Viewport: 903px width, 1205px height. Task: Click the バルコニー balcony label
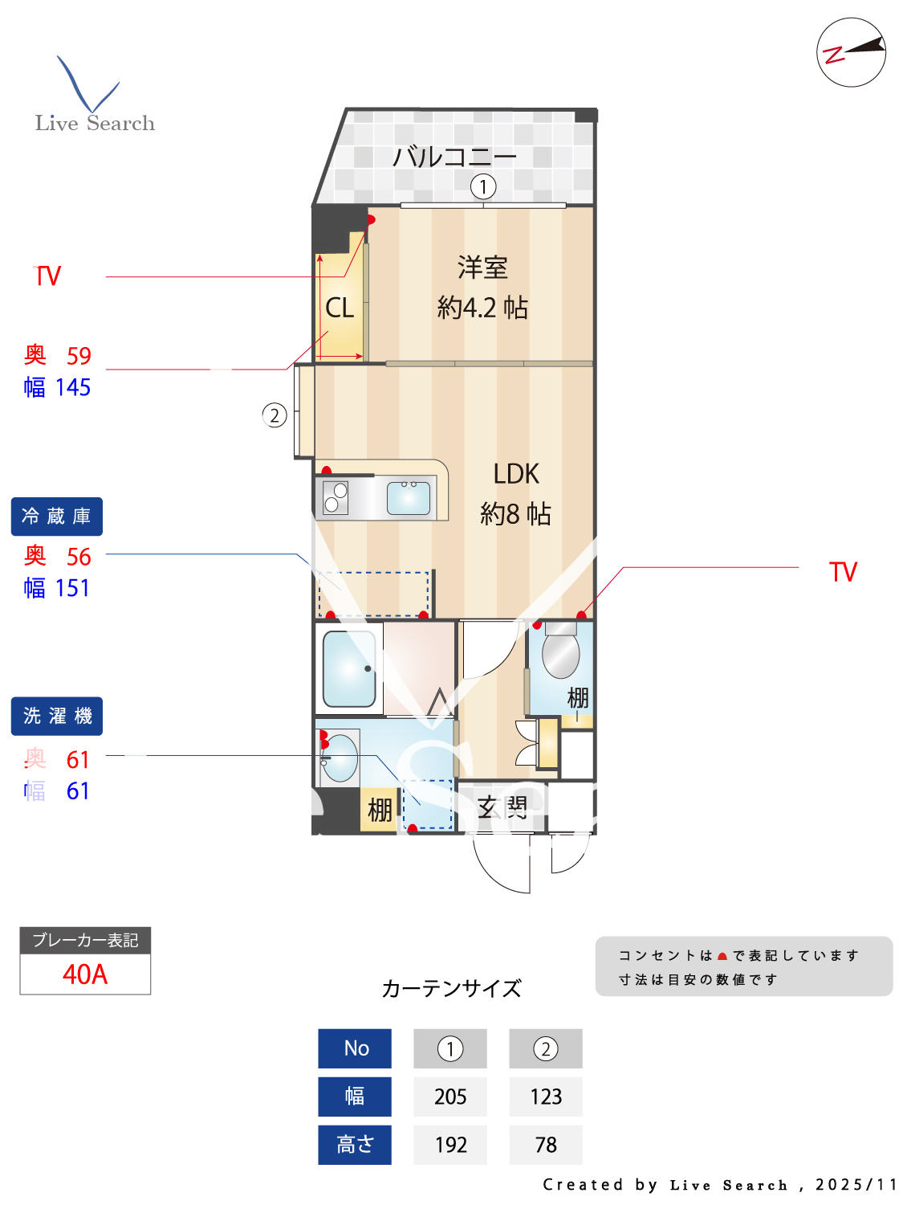pyautogui.click(x=454, y=156)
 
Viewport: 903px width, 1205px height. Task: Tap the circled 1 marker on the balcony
pyautogui.click(x=482, y=186)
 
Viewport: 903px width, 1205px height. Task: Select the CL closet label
pyautogui.click(x=340, y=308)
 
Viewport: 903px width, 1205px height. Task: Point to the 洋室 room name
pyautogui.click(x=482, y=268)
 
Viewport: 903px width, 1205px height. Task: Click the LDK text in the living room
pyautogui.click(x=516, y=474)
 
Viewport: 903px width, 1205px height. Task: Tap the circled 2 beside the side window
pyautogui.click(x=275, y=415)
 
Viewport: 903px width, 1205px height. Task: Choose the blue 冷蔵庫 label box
pyautogui.click(x=56, y=517)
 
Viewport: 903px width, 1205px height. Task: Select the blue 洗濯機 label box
pyautogui.click(x=56, y=716)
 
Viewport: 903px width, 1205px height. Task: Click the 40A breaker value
pyautogui.click(x=85, y=974)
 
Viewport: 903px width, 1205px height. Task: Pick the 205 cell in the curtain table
pyautogui.click(x=450, y=1097)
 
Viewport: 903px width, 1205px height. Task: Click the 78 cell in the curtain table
pyautogui.click(x=546, y=1145)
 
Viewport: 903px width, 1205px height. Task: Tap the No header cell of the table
pyautogui.click(x=355, y=1048)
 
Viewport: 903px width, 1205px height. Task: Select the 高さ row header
pyautogui.click(x=355, y=1145)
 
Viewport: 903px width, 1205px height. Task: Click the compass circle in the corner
pyautogui.click(x=851, y=52)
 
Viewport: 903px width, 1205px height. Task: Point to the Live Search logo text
pyautogui.click(x=95, y=123)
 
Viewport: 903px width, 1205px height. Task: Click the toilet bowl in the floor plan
pyautogui.click(x=561, y=655)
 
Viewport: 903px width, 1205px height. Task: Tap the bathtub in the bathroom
pyautogui.click(x=349, y=668)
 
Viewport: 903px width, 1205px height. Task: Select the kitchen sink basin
pyautogui.click(x=408, y=498)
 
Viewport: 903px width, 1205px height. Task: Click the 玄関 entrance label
pyautogui.click(x=502, y=807)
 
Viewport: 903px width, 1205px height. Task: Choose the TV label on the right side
pyautogui.click(x=843, y=572)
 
